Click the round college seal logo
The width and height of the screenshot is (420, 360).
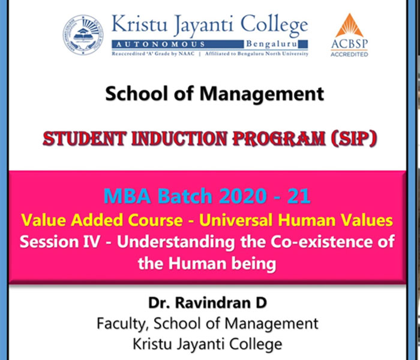click(x=83, y=35)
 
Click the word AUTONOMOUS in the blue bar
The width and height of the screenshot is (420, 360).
click(x=160, y=44)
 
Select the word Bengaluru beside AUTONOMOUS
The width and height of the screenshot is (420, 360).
click(x=272, y=44)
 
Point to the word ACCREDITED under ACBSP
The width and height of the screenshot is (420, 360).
click(x=349, y=55)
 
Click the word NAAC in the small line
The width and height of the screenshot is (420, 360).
click(x=187, y=54)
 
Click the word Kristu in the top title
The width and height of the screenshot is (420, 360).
click(x=139, y=23)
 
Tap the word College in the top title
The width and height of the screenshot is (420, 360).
click(x=274, y=25)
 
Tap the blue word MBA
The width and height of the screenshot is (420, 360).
click(x=127, y=196)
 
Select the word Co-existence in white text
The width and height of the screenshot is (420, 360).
click(x=322, y=242)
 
